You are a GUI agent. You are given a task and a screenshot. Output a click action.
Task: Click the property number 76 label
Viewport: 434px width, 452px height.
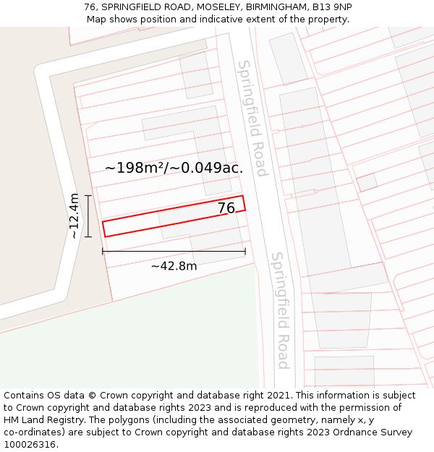pyautogui.click(x=226, y=208)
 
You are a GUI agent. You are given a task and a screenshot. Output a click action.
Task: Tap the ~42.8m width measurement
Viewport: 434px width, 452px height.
pyautogui.click(x=174, y=266)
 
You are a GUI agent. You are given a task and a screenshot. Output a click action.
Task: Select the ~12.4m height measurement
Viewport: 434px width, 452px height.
pyautogui.click(x=74, y=216)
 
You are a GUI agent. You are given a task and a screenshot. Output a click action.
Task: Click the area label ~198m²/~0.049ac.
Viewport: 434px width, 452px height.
pyautogui.click(x=174, y=168)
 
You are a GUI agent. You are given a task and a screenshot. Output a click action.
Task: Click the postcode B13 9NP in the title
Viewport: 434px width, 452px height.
pyautogui.click(x=333, y=7)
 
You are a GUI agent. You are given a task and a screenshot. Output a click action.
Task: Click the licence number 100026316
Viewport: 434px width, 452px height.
pyautogui.click(x=30, y=445)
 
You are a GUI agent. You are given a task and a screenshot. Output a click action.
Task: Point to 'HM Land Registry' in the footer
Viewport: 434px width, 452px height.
pyautogui.click(x=45, y=420)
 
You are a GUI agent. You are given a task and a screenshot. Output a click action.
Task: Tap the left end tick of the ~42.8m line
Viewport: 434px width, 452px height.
pyautogui.click(x=103, y=251)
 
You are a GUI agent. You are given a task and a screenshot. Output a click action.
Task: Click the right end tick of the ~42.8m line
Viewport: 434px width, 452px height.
pyautogui.click(x=245, y=251)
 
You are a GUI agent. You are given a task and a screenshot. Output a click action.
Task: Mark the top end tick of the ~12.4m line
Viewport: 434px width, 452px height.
pyautogui.click(x=88, y=195)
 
